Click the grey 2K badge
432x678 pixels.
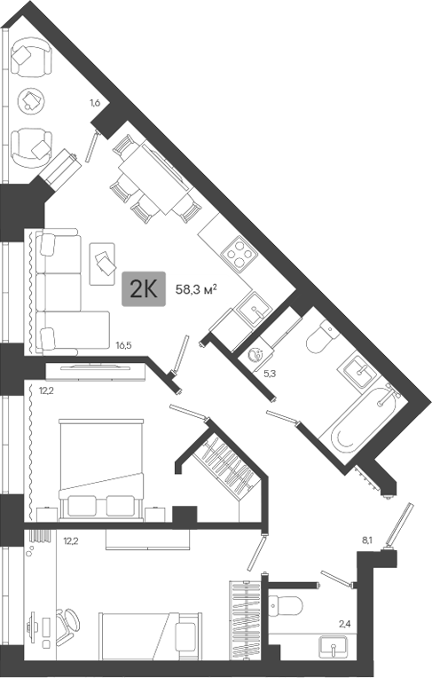[x=144, y=288]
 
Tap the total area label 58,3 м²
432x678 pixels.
[x=196, y=289]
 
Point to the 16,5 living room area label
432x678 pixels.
[x=123, y=345]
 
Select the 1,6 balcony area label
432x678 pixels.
[x=95, y=103]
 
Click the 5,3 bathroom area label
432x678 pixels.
[x=270, y=374]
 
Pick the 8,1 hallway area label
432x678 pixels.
[x=367, y=540]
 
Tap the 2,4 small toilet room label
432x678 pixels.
[x=345, y=624]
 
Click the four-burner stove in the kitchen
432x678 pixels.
[x=239, y=254]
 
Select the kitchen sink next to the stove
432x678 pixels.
[x=254, y=308]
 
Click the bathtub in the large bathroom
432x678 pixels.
[x=362, y=416]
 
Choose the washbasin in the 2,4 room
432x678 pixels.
[x=334, y=648]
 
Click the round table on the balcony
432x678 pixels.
[x=31, y=101]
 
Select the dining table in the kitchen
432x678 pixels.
[x=154, y=179]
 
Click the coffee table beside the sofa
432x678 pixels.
[x=102, y=264]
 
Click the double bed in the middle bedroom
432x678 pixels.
[x=101, y=470]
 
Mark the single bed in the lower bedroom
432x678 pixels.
[x=151, y=636]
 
